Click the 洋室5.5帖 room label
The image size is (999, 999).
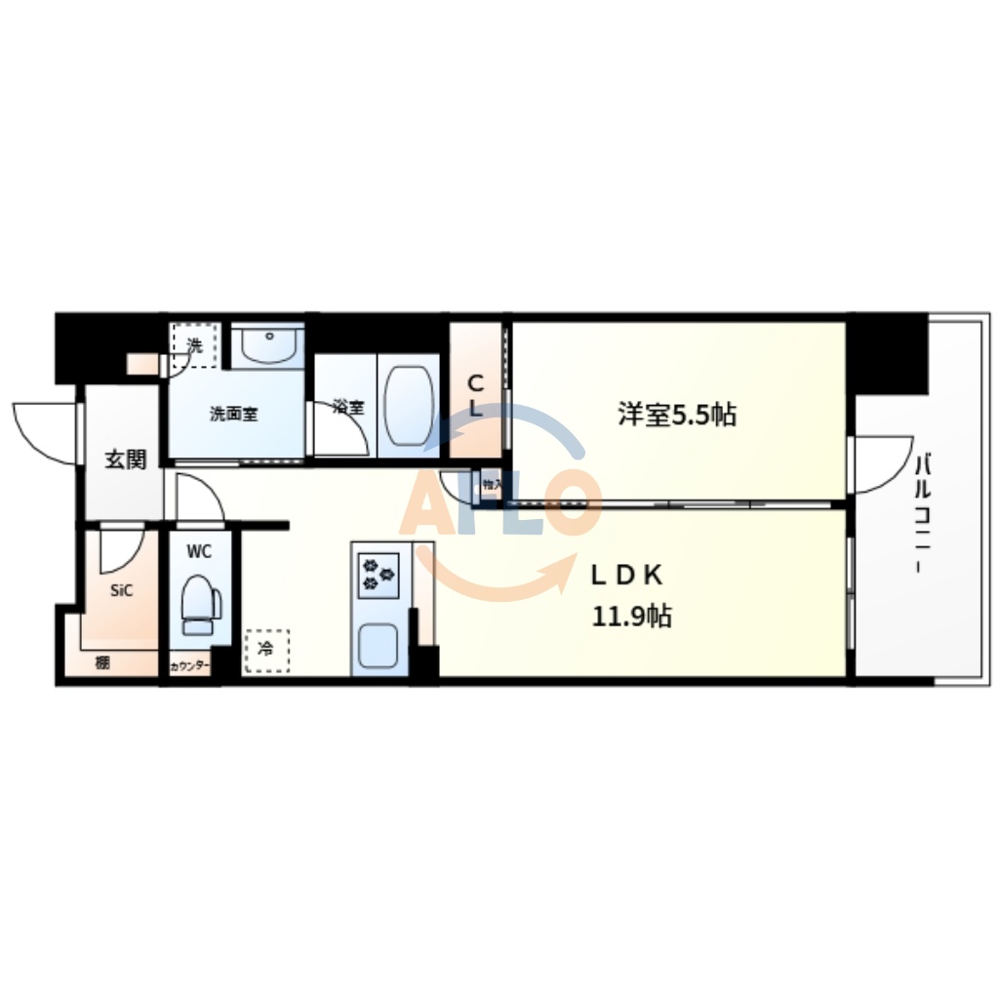click(x=676, y=415)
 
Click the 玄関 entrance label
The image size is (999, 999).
click(x=126, y=459)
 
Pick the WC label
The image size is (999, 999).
click(x=199, y=551)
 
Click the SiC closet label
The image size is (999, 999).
click(x=122, y=590)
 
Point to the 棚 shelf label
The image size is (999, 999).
click(x=102, y=663)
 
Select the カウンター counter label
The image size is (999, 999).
click(x=189, y=665)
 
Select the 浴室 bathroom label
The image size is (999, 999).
click(x=347, y=408)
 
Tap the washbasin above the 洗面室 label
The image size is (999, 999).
click(x=267, y=345)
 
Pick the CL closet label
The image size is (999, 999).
click(x=475, y=395)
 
